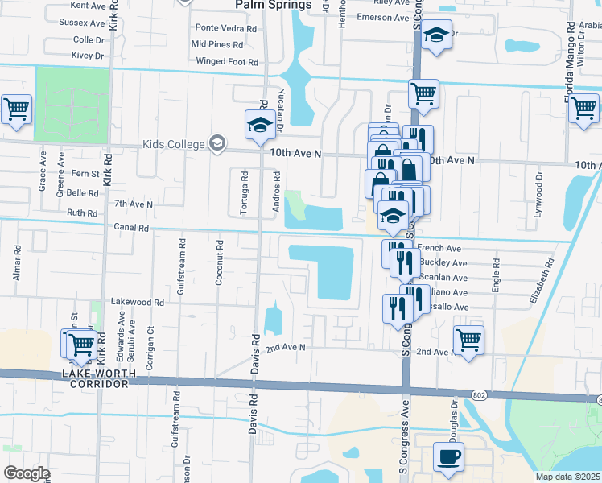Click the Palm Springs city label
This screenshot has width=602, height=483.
point(273,5)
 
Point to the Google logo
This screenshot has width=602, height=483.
point(26,473)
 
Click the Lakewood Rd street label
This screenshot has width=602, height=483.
point(137,303)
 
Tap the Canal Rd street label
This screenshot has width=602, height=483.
point(131,228)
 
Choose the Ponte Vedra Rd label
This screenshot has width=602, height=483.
point(224,27)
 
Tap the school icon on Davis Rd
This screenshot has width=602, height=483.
point(260,126)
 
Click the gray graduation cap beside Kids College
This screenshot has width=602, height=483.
point(215,143)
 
